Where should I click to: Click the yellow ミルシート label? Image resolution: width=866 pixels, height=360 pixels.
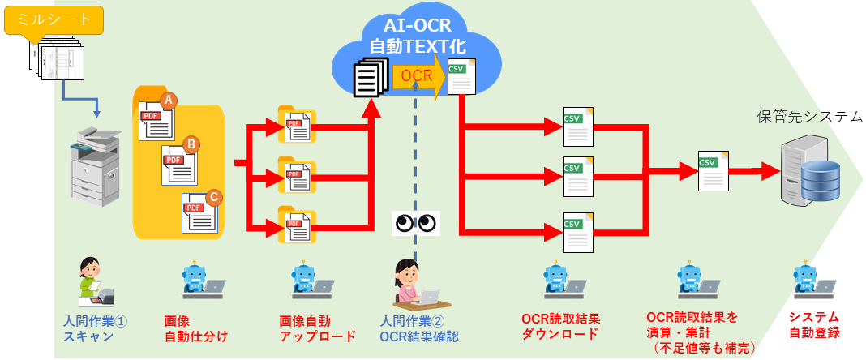tap(54, 19)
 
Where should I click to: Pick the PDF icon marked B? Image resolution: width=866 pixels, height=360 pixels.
tap(180, 162)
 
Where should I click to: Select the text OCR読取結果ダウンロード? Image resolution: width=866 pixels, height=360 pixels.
tap(559, 326)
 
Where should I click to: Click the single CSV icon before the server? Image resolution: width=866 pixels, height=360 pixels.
tap(710, 169)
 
